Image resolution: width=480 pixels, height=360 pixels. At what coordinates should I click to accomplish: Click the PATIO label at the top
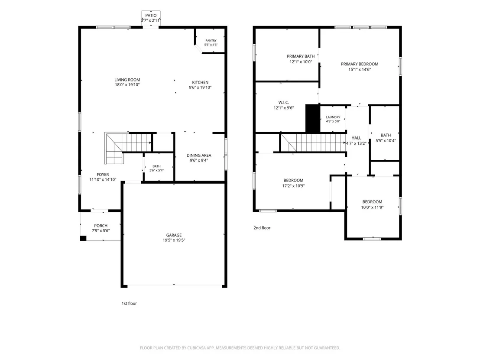pos(151,15)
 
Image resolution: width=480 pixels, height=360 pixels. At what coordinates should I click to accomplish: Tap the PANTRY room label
pos(211,40)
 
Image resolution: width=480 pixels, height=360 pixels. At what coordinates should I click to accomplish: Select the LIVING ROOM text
pos(127,80)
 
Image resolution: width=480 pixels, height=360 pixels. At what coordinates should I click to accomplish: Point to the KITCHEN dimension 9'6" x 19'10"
pos(200,87)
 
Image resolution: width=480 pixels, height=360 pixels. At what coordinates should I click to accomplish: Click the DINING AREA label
pos(199,155)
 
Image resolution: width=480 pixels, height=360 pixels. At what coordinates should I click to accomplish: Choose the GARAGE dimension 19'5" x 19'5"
pos(174,240)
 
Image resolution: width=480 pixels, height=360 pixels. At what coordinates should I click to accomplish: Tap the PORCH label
pos(101,226)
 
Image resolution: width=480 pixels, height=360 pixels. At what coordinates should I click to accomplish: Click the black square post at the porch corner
pos(83,238)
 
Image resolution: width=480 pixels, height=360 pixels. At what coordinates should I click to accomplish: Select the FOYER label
pos(103,175)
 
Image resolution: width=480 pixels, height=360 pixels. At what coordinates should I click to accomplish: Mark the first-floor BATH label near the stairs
pos(156,166)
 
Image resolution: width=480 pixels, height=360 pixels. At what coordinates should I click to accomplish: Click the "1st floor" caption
pos(129,303)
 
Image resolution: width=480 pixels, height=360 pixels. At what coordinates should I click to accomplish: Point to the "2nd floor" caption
pos(262,228)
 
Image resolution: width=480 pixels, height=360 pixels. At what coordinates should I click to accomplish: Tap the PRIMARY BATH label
pos(301,56)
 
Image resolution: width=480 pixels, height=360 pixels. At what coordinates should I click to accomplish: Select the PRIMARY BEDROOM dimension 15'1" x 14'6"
pos(360,69)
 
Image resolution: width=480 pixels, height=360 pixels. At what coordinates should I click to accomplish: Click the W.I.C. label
pos(283,103)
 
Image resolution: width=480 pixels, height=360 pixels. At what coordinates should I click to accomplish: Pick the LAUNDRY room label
pos(333,117)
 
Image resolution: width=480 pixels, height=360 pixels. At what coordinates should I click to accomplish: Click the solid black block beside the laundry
pos(312,118)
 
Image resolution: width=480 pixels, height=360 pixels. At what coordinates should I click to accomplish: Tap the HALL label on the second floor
pos(357,138)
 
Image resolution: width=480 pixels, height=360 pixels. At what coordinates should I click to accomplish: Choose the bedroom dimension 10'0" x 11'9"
pos(372,207)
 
